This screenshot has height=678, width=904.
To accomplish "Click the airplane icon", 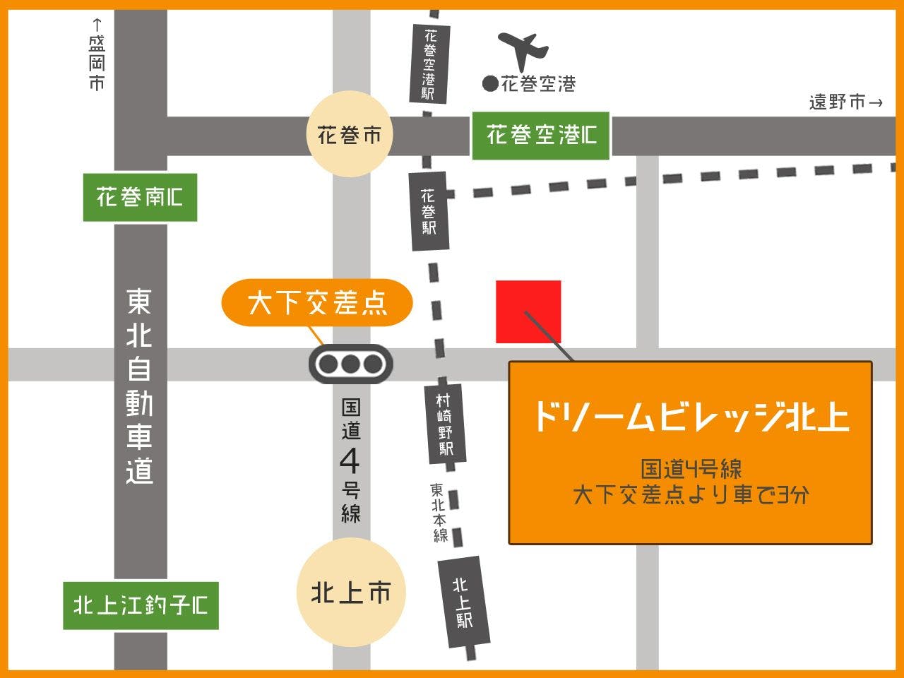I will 523,49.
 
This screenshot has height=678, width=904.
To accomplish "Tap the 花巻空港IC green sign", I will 540,135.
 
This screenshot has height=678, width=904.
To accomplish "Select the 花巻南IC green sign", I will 140,197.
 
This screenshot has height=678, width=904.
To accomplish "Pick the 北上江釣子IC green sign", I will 141,605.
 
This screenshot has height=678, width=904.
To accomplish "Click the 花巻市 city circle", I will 349,135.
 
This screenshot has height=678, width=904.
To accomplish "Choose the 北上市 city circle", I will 350,593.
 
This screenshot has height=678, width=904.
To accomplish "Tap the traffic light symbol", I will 350,364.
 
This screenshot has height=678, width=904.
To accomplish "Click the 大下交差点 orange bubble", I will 317,303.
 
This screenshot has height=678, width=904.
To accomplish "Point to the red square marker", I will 528,311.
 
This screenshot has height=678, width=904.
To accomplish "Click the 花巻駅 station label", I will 429,210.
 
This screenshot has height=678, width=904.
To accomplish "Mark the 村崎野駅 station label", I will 445,424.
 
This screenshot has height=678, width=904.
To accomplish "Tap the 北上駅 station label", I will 463,602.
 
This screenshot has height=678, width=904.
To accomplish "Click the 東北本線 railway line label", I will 439,512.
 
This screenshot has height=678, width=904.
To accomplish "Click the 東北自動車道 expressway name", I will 139,386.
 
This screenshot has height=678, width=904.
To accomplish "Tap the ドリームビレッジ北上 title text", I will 690,416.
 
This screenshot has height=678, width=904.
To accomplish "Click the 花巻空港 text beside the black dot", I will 538,85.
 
